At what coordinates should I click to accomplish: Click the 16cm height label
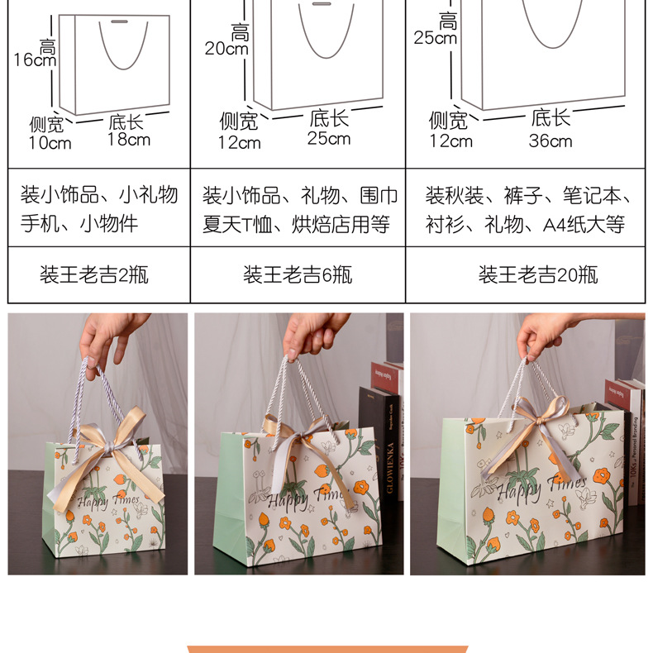click(x=35, y=60)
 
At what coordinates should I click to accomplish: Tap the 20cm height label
click(x=226, y=48)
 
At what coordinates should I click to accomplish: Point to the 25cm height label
click(x=436, y=37)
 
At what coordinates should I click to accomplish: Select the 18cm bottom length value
click(x=128, y=140)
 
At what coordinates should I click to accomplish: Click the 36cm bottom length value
click(x=551, y=141)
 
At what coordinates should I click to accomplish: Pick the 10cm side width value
click(x=50, y=143)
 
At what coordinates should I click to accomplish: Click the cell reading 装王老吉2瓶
click(x=94, y=274)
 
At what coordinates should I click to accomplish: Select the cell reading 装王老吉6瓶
click(x=298, y=274)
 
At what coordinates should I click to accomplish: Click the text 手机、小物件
click(x=79, y=224)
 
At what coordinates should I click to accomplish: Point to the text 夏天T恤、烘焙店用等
click(x=296, y=224)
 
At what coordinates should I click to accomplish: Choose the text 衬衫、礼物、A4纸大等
click(x=525, y=224)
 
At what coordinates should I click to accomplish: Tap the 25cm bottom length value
click(x=329, y=138)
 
